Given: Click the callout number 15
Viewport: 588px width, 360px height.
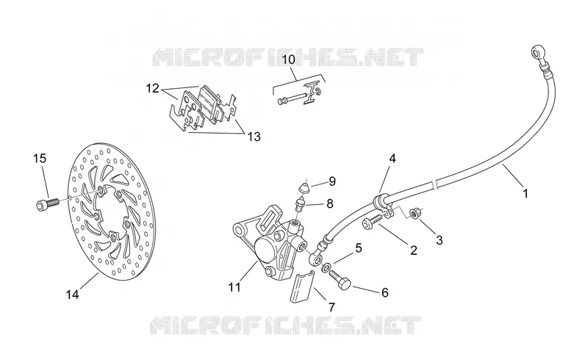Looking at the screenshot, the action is tap(40, 159).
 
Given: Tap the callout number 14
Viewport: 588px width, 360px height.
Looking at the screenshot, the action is tap(72, 295).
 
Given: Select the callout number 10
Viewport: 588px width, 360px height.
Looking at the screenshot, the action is tap(288, 60).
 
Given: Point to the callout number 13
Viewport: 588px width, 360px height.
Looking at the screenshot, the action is tap(254, 137).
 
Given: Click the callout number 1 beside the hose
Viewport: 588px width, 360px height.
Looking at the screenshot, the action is tap(526, 193).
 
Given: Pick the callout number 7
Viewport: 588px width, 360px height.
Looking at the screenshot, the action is tap(331, 308).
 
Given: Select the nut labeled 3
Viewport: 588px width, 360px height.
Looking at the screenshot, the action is tap(415, 214).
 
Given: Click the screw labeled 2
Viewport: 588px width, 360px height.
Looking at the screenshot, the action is tap(372, 221).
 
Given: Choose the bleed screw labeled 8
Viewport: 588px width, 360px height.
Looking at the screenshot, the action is tap(300, 204).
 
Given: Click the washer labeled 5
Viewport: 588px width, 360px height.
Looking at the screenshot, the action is tap(326, 267).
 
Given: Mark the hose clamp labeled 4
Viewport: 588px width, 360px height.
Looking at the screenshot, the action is tap(383, 203).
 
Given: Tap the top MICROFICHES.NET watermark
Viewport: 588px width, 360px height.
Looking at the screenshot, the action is tap(289, 57).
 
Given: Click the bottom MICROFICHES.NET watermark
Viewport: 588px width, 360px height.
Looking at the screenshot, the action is tap(286, 325).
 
